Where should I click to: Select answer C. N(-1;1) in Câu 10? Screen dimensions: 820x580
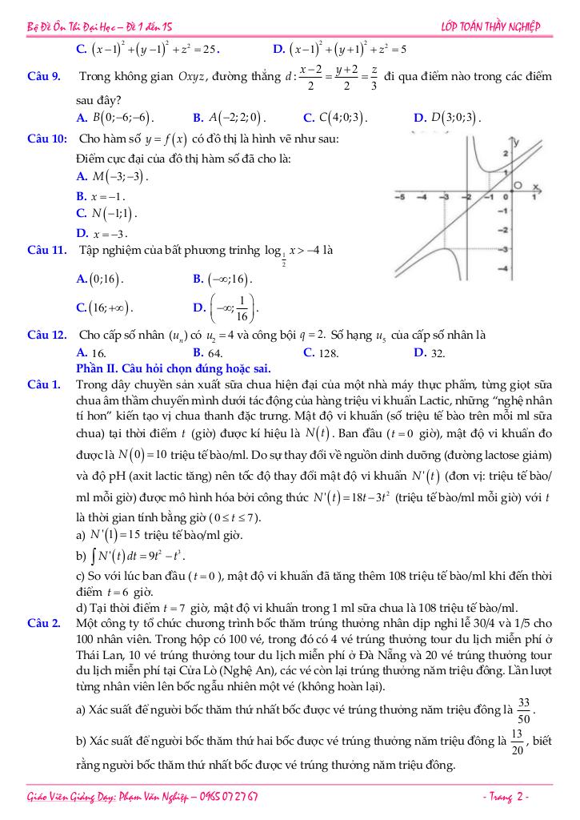coord(106,214)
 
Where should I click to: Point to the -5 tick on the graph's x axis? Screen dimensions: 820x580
coord(400,196)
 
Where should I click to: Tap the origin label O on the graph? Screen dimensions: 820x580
coord(519,187)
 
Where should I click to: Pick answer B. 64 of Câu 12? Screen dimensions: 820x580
coord(208,352)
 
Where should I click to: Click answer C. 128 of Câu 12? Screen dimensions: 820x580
coord(322,352)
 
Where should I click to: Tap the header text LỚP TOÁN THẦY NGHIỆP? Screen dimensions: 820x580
coord(490,27)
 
